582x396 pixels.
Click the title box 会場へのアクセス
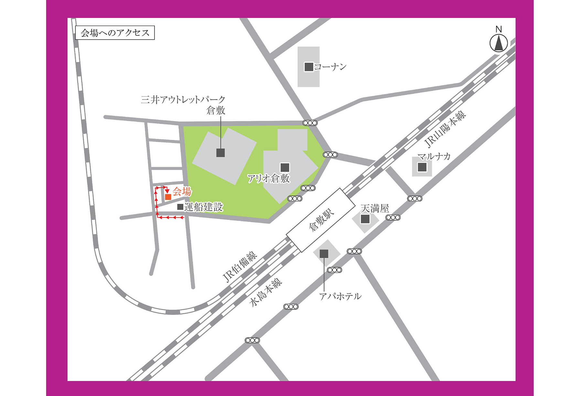[115, 33]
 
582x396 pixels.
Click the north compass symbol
[499, 43]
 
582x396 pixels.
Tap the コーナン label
[330, 67]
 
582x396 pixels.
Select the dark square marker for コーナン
[309, 67]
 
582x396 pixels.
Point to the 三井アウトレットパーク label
[183, 99]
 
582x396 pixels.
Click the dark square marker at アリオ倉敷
[285, 167]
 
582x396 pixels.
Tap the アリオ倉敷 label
[269, 178]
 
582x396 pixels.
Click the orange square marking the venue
[168, 197]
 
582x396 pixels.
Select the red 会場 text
[182, 192]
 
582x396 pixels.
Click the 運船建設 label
[204, 207]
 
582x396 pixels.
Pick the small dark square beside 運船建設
[180, 207]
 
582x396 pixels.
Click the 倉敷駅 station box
[321, 220]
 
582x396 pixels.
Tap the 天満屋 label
[375, 208]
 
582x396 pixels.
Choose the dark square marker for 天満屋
[365, 219]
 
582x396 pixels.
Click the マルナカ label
[434, 157]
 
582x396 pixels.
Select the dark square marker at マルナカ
[422, 167]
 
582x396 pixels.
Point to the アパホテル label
[340, 296]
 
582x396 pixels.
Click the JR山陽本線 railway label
[445, 128]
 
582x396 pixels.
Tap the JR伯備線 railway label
[240, 267]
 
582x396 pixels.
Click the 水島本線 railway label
[266, 292]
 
